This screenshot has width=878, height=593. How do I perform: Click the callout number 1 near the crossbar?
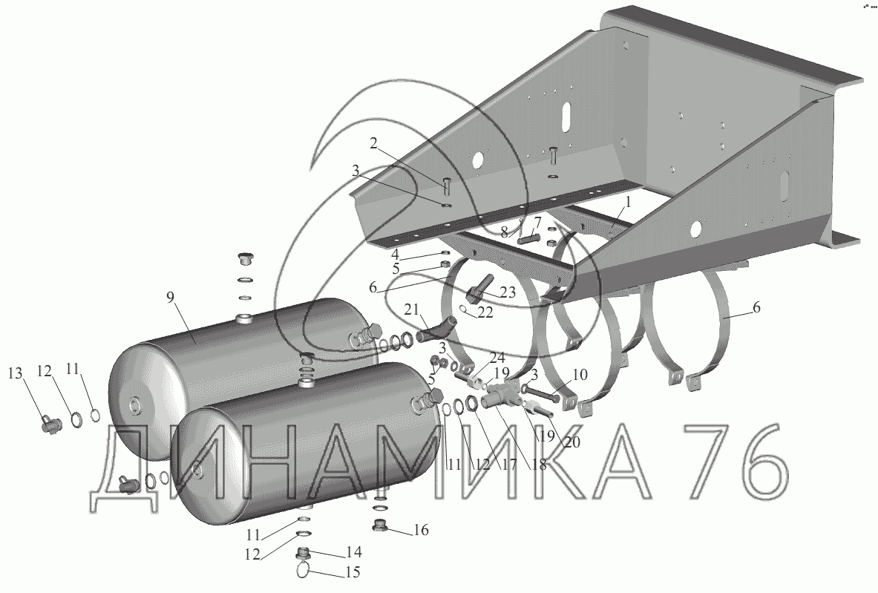click(x=628, y=202)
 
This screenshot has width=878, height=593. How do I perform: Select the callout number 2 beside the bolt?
click(x=373, y=144)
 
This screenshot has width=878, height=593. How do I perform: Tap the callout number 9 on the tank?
click(x=171, y=298)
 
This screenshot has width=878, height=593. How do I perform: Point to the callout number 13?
click(x=16, y=373)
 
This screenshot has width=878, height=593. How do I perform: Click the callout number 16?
click(x=421, y=529)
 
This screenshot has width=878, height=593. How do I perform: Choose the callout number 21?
click(x=412, y=309)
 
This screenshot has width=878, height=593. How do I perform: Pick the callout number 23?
click(x=508, y=293)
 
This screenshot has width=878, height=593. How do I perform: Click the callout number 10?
click(x=580, y=374)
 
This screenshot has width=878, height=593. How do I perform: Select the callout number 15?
click(x=352, y=572)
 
